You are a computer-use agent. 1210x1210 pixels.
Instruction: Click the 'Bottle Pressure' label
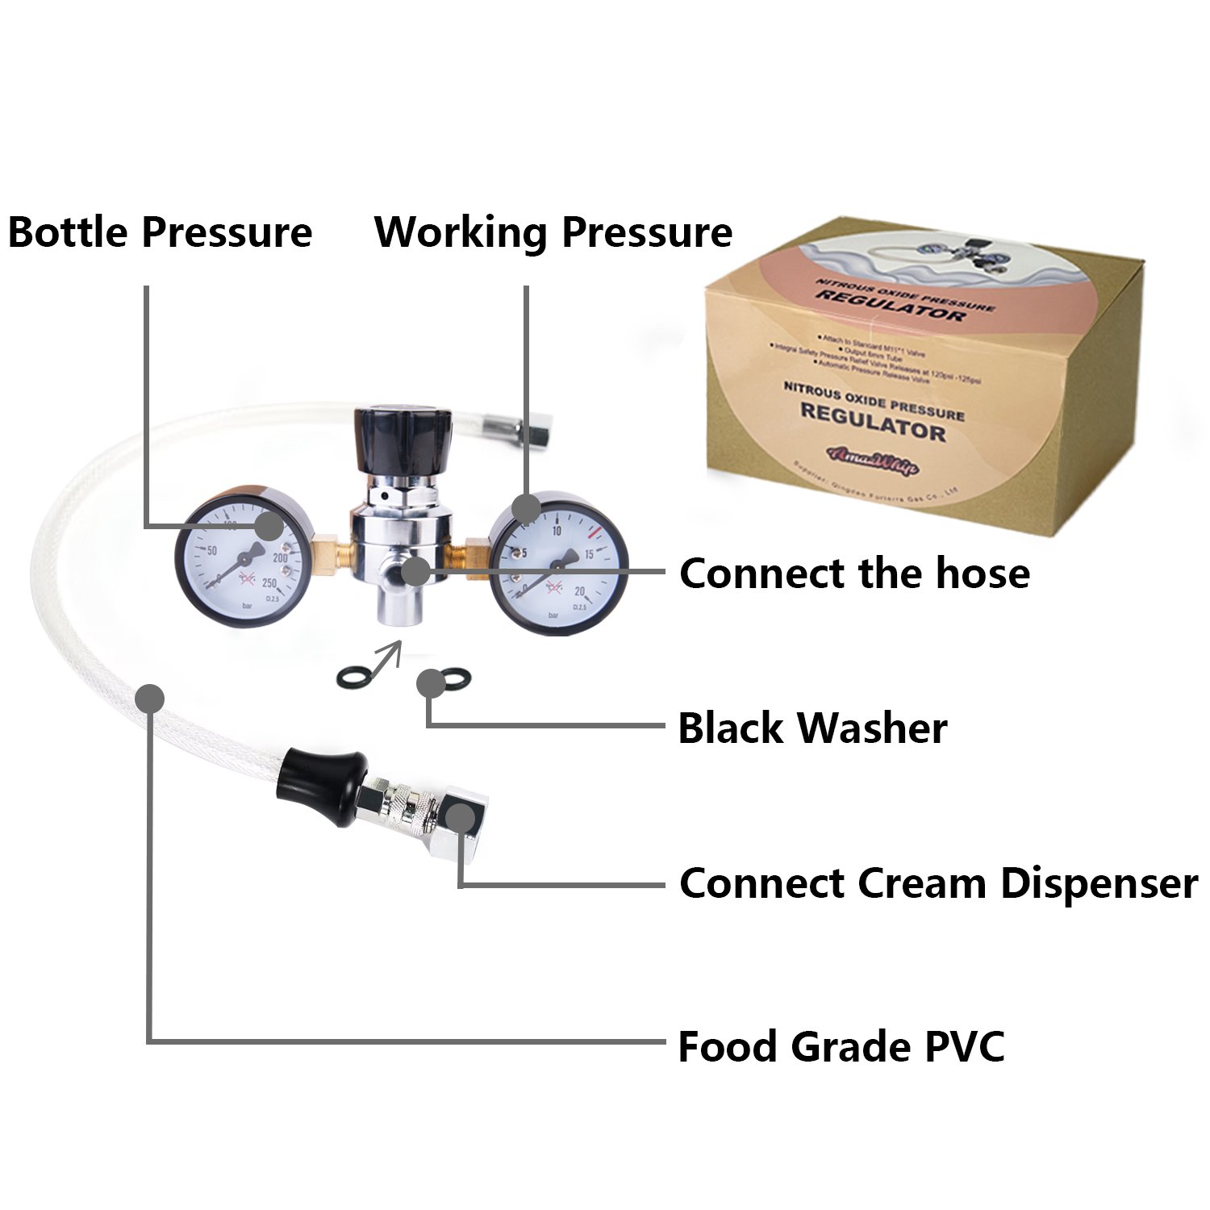(160, 232)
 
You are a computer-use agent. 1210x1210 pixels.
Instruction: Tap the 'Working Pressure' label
(553, 232)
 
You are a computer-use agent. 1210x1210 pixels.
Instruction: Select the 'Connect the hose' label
(854, 574)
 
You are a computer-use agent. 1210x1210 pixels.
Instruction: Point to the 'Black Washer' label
(812, 728)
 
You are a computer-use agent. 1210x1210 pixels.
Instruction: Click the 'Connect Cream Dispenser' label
(938, 883)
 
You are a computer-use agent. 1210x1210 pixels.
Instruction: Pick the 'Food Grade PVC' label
(841, 1046)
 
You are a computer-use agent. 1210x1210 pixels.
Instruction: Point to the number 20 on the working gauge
(579, 591)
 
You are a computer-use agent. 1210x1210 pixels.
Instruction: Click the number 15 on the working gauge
(589, 553)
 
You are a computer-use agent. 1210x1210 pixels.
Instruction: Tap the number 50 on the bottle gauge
(191, 551)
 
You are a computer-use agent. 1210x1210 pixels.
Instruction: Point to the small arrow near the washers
(386, 656)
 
